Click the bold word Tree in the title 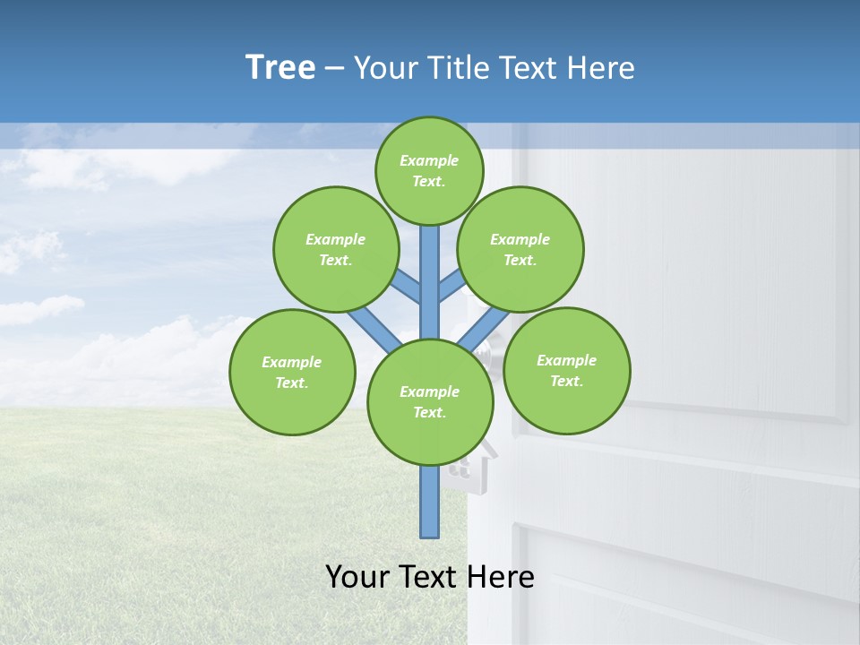pos(280,68)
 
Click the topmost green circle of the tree pos(429,170)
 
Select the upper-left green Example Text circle pos(335,249)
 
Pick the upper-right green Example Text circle pos(520,249)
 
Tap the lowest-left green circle pos(292,372)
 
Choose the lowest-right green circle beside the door pos(566,370)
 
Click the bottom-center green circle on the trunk pos(430,401)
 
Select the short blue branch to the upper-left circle pos(408,286)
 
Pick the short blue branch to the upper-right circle pos(451,286)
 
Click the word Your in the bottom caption pos(357,577)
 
